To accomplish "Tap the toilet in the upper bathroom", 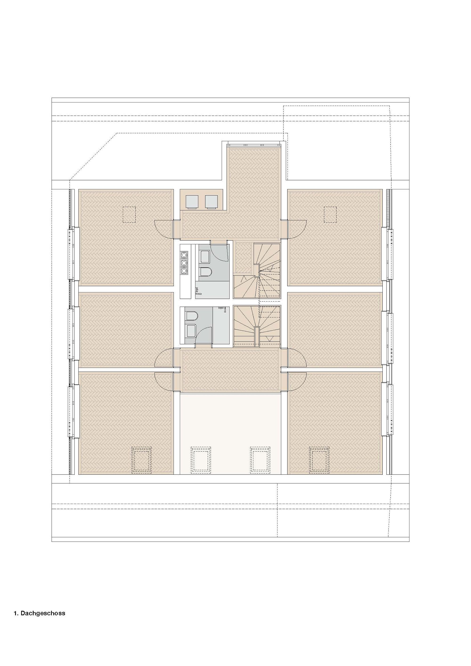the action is pos(206,272).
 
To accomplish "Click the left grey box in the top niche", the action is pos(192,202).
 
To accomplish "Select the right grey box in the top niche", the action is pos(211,202).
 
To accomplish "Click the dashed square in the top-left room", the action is pos(129,214).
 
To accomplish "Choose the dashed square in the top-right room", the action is pos(330,214).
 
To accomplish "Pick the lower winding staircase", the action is pos(257,326).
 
